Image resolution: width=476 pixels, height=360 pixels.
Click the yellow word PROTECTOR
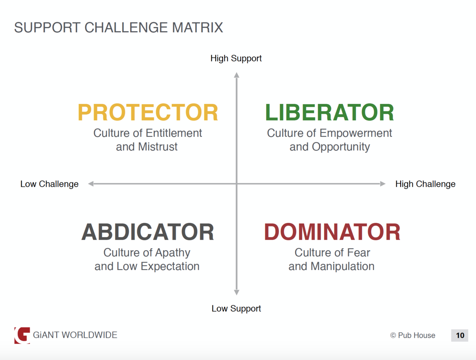(x=148, y=112)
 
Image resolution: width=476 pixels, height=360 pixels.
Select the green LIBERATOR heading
(x=329, y=112)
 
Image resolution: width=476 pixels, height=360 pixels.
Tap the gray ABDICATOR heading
(x=148, y=232)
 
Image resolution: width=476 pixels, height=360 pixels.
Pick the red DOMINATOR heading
(x=332, y=232)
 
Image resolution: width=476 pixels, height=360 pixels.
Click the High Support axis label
(x=236, y=59)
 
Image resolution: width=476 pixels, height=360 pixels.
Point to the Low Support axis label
(x=236, y=308)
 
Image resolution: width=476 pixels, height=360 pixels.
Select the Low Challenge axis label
(x=50, y=184)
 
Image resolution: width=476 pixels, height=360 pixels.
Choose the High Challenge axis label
(x=425, y=184)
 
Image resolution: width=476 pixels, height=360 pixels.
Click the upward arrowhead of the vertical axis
(x=236, y=75)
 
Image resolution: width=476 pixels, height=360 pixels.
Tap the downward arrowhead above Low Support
(x=236, y=292)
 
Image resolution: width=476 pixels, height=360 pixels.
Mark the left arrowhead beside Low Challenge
(x=91, y=184)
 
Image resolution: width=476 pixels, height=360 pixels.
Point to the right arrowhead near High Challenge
(x=383, y=184)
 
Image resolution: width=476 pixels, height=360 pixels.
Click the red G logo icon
(x=22, y=335)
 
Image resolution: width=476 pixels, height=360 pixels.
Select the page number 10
(x=460, y=335)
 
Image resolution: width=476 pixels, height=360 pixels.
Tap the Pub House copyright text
(x=413, y=335)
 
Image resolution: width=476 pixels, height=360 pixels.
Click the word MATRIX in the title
(x=197, y=27)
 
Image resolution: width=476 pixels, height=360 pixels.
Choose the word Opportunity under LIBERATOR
(x=341, y=147)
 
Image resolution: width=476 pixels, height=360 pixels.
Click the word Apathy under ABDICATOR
(x=173, y=253)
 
